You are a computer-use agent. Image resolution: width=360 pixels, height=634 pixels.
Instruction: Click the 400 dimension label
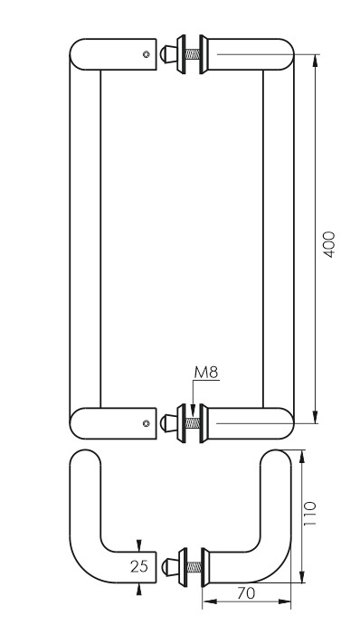(329, 244)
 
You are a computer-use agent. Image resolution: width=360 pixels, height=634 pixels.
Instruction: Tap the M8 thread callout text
(206, 373)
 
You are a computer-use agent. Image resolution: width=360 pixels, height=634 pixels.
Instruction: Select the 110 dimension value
(309, 513)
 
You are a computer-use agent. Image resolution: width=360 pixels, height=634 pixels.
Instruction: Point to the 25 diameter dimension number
(139, 566)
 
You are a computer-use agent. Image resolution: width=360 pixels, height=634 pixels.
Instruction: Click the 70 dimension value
(246, 593)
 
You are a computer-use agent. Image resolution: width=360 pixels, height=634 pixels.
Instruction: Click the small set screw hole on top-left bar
(147, 54)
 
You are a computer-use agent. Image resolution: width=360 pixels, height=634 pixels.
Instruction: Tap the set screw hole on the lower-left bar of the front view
(147, 423)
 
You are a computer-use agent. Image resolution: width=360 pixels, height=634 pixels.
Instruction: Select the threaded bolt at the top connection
(193, 54)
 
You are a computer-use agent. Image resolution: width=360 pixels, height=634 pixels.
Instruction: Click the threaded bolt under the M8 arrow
(193, 423)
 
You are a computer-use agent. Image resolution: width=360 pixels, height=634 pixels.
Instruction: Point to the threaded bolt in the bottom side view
(194, 567)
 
